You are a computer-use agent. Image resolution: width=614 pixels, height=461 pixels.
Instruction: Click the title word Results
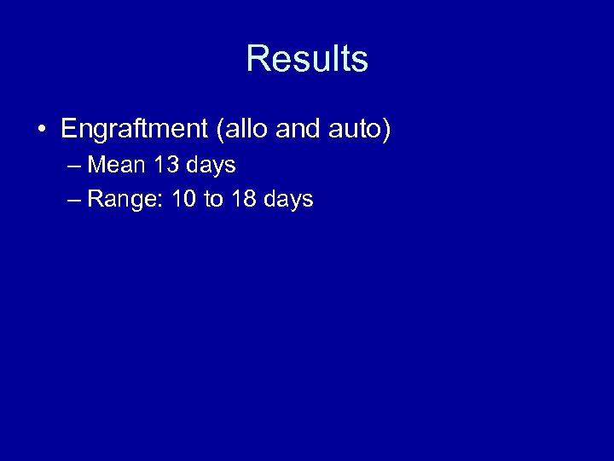[307, 60]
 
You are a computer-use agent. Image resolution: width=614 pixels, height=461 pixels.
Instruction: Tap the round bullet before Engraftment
[41, 131]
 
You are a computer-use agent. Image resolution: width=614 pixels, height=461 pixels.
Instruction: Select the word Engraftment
[135, 130]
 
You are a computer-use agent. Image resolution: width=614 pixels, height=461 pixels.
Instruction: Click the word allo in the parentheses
[246, 130]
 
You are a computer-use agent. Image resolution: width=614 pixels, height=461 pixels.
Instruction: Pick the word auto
[356, 130]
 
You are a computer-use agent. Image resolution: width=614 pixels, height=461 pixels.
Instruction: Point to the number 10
[184, 200]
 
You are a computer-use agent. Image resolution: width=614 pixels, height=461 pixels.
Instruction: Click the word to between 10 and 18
[213, 200]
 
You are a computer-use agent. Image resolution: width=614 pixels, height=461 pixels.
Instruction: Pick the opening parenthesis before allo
[221, 131]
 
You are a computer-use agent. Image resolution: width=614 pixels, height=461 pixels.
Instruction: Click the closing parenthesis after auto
[386, 131]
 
